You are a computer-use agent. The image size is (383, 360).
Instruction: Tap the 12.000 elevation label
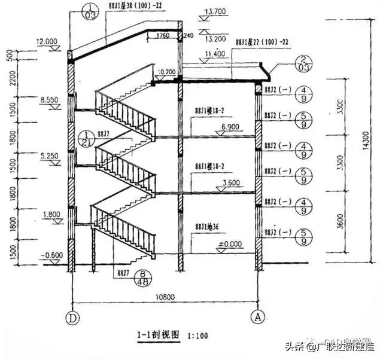coord(46,42)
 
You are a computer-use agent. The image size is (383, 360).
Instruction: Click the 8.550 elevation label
coord(47,102)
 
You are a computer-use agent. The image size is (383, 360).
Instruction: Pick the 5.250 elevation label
coord(47,158)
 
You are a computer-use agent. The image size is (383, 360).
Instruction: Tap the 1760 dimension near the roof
coord(162,35)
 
